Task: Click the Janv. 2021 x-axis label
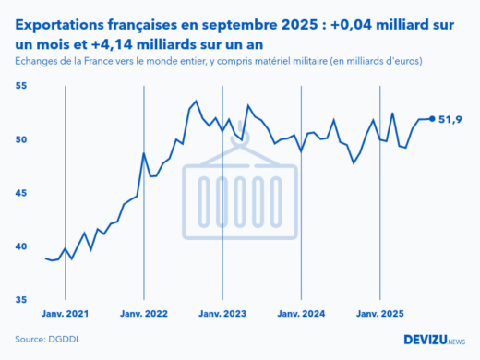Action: tap(65, 314)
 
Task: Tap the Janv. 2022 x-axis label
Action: tap(143, 314)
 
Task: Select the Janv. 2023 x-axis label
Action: tap(222, 314)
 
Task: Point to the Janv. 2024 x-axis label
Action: tap(301, 314)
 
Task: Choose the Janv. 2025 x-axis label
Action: tap(380, 314)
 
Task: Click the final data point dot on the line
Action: tap(432, 118)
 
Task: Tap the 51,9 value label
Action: tap(450, 119)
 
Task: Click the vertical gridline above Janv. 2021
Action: tap(65, 185)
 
